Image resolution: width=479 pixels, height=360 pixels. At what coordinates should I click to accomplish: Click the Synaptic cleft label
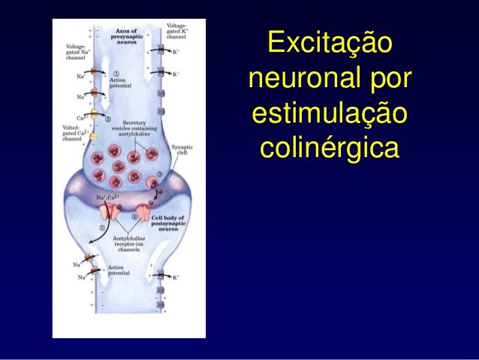pyautogui.click(x=182, y=150)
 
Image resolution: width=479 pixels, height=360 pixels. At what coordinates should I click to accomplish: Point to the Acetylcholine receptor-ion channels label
pyautogui.click(x=128, y=244)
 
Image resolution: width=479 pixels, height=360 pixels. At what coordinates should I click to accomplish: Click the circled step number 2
pyautogui.click(x=108, y=119)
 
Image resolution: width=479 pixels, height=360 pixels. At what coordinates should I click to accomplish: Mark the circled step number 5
pyautogui.click(x=102, y=227)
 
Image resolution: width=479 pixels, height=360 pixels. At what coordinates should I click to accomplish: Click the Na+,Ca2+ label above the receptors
pyautogui.click(x=108, y=198)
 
